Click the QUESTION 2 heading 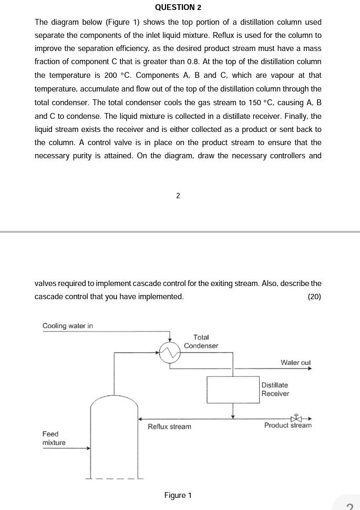(x=178, y=7)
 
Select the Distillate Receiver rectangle (x=233, y=390)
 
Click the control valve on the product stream (x=297, y=419)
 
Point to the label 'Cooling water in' (x=67, y=326)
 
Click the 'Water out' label (x=295, y=363)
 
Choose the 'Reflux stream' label (x=169, y=426)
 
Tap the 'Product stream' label (x=287, y=425)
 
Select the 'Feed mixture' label (x=54, y=438)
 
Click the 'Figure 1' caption (x=178, y=495)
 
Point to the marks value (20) (x=314, y=297)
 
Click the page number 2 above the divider (x=178, y=196)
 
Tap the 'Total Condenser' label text (x=201, y=341)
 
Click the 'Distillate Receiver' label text (x=275, y=390)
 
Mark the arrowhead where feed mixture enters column (x=88, y=448)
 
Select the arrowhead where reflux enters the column (x=140, y=419)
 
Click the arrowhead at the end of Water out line (x=310, y=369)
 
